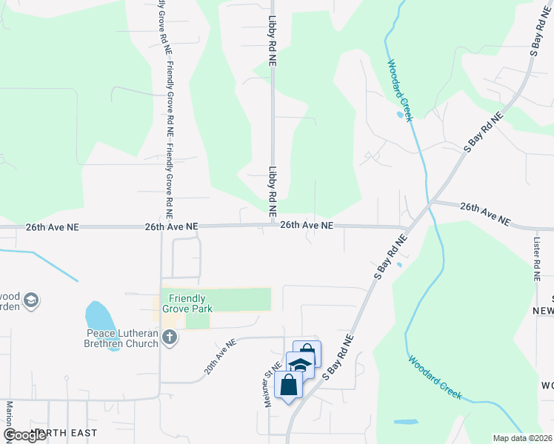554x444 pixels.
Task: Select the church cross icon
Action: pyautogui.click(x=170, y=338)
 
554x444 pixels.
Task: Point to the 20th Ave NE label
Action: pyautogui.click(x=221, y=356)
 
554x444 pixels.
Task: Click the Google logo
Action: pyautogui.click(x=24, y=435)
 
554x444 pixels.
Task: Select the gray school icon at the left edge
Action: pyautogui.click(x=31, y=300)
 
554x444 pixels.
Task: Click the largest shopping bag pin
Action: pyautogui.click(x=289, y=386)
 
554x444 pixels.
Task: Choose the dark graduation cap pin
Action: pyautogui.click(x=300, y=365)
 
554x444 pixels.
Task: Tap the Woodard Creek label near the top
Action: pyautogui.click(x=400, y=87)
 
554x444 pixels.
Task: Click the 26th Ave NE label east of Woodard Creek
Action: pyautogui.click(x=485, y=214)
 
